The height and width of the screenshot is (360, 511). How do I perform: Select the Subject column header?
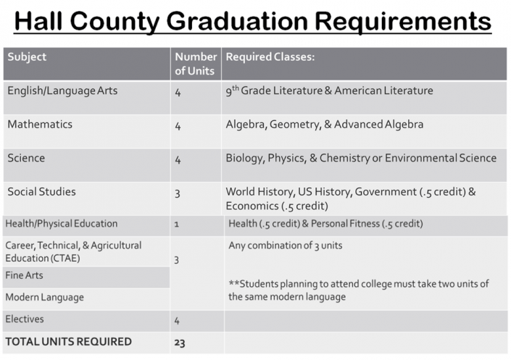(x=27, y=57)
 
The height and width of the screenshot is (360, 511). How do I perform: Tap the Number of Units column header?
(x=196, y=64)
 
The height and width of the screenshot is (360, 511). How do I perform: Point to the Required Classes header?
(x=270, y=57)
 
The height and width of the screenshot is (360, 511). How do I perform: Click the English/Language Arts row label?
(x=62, y=91)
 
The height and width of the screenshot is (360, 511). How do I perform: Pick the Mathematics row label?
(x=40, y=125)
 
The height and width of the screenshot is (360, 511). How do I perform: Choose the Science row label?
(x=26, y=158)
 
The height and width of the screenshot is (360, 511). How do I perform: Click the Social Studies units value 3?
(x=178, y=193)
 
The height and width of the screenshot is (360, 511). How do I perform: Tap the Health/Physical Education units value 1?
(x=177, y=225)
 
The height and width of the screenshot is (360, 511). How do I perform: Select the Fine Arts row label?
(x=23, y=275)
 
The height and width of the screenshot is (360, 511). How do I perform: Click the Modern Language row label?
(x=44, y=297)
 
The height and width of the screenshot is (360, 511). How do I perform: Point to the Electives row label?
(x=25, y=319)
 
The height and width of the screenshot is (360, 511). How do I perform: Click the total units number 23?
(x=180, y=342)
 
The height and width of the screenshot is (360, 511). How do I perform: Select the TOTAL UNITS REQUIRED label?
(x=68, y=341)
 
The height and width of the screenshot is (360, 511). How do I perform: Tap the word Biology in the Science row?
(x=244, y=158)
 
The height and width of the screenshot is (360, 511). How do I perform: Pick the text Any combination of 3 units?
(x=285, y=246)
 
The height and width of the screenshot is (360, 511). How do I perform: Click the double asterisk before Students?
(x=232, y=282)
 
